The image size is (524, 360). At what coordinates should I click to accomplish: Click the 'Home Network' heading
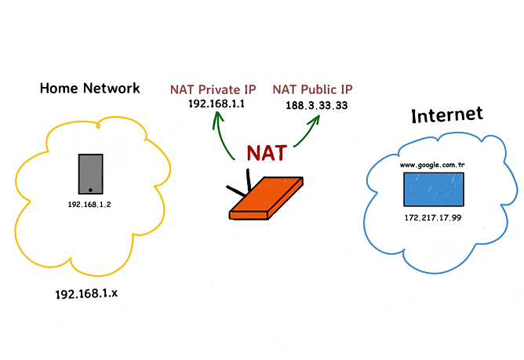point(89,88)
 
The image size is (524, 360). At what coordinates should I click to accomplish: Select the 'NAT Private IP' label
point(212,89)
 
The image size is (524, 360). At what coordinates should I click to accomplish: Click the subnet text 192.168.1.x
point(87,294)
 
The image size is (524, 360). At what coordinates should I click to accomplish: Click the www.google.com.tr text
point(431,165)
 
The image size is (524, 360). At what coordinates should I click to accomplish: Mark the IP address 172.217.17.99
point(431,217)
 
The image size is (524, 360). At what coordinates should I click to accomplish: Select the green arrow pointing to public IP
point(308,131)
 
